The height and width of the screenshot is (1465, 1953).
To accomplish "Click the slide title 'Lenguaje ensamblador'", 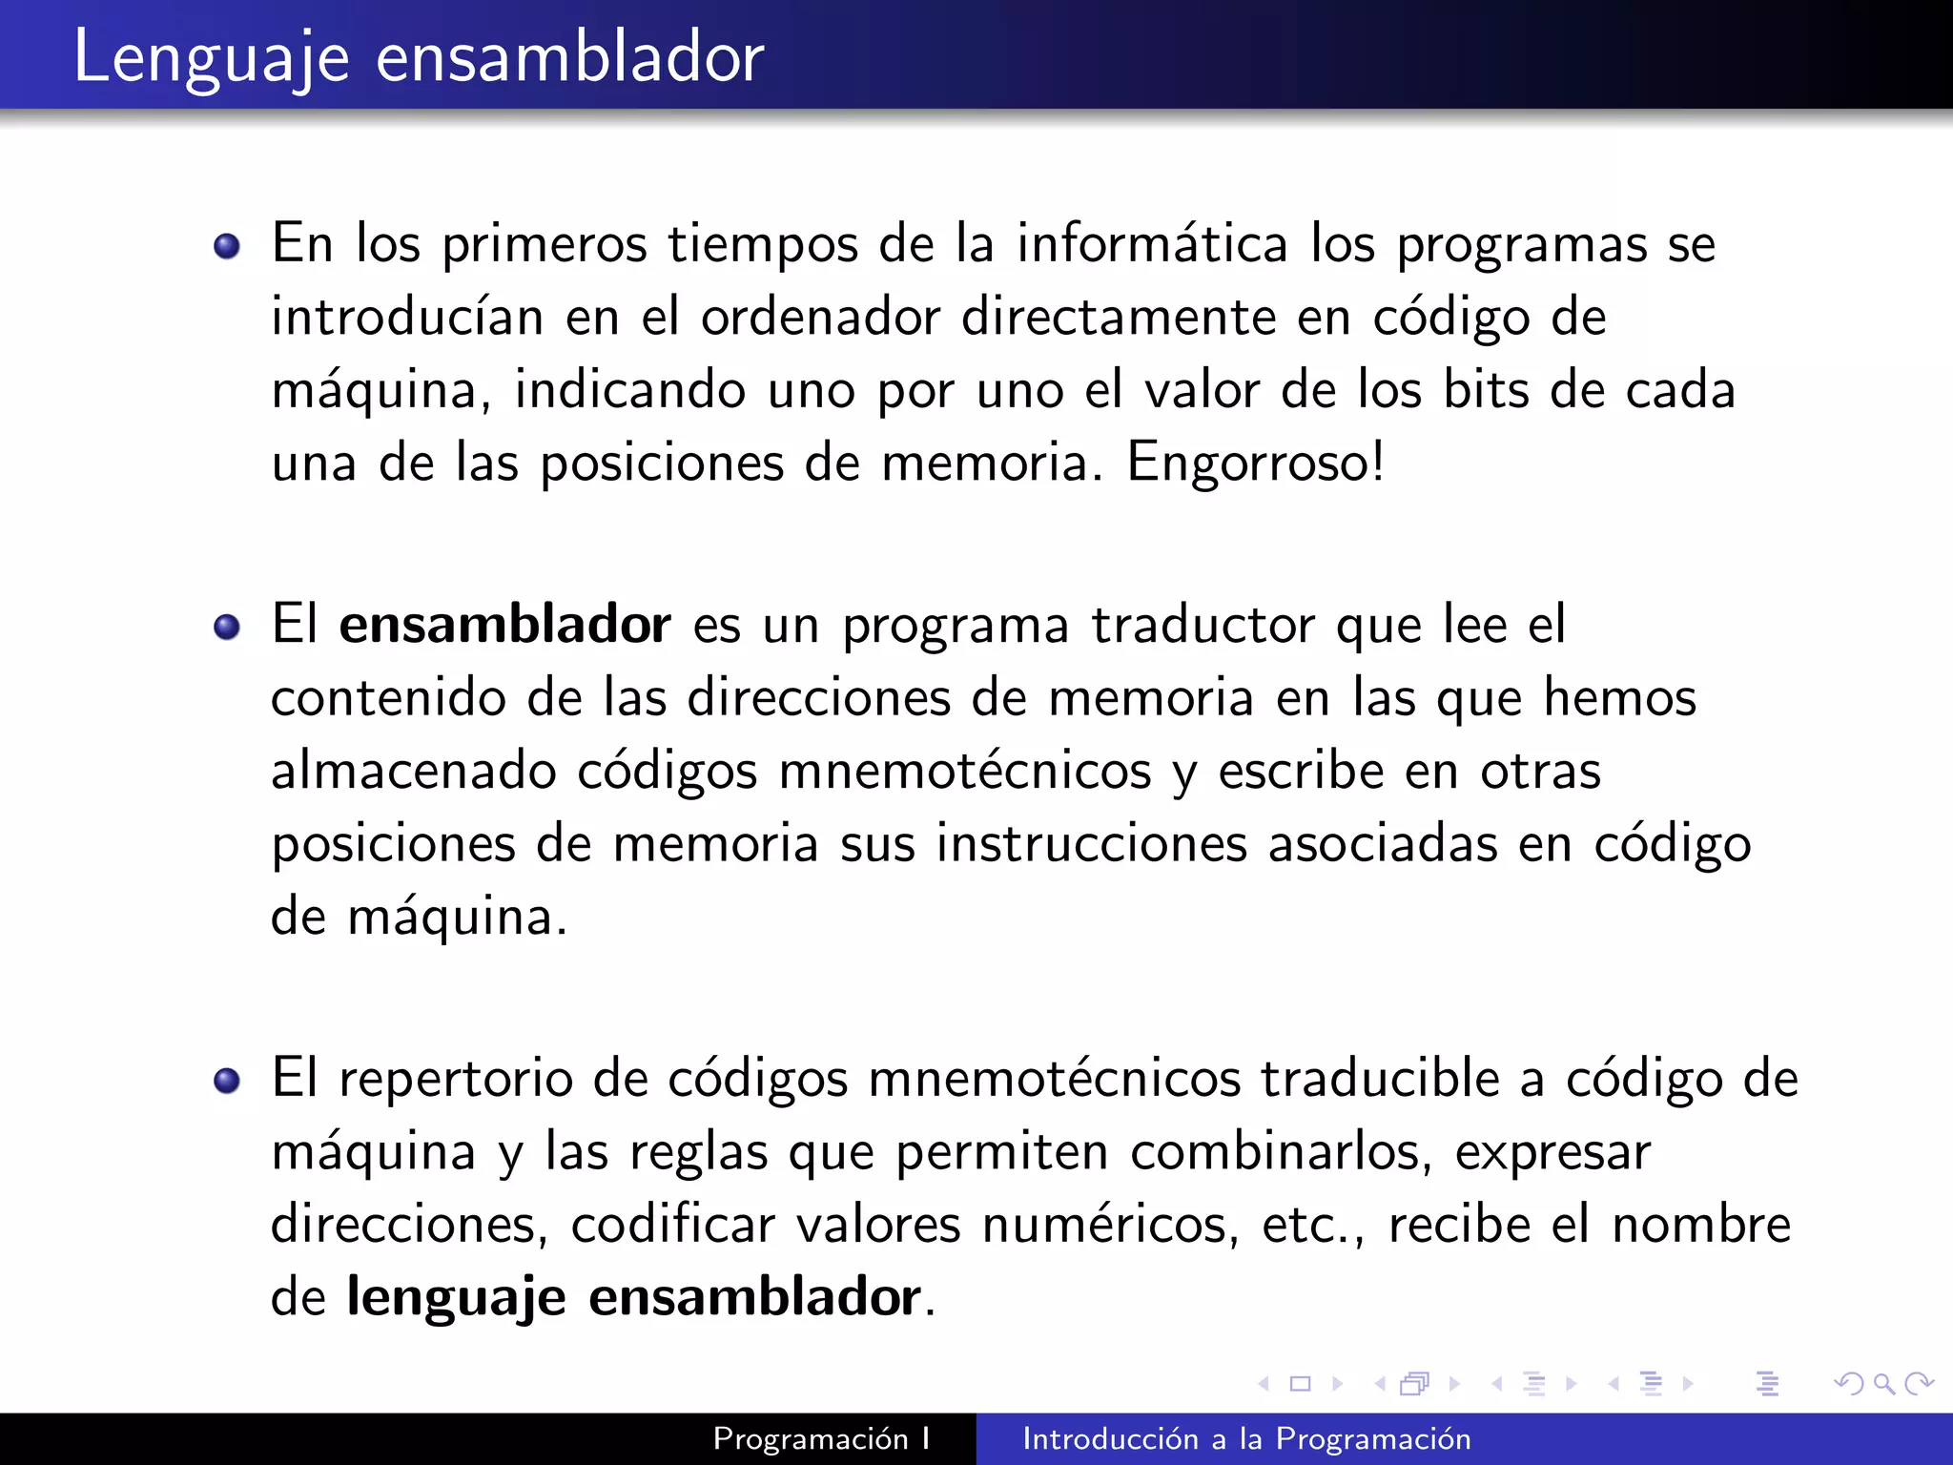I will click(418, 57).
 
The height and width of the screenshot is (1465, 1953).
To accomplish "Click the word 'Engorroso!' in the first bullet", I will click(1255, 463).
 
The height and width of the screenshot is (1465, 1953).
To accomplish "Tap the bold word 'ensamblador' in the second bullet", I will click(504, 625).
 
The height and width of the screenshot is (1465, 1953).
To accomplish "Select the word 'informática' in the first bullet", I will click(1152, 243).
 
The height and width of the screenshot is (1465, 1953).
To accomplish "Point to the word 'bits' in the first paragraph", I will click(1486, 390).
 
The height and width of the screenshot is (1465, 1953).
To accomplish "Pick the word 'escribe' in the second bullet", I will click(1301, 771).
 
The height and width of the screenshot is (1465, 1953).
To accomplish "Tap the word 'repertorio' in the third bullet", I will click(456, 1079).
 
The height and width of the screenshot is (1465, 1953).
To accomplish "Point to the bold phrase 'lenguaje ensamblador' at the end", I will click(633, 1297).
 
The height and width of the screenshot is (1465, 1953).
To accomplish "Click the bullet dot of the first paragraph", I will click(227, 247).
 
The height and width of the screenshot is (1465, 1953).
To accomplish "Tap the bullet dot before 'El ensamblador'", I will click(227, 628).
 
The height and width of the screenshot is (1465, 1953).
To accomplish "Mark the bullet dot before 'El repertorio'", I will click(227, 1082).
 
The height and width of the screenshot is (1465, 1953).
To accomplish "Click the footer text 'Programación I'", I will click(821, 1438).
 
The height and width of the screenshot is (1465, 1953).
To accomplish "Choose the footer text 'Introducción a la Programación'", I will click(1246, 1438).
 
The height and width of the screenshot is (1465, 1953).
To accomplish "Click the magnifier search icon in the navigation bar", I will click(1883, 1383).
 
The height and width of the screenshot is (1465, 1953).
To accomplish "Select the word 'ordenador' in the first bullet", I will click(820, 317).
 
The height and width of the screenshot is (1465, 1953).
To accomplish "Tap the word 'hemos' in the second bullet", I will click(1619, 697).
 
